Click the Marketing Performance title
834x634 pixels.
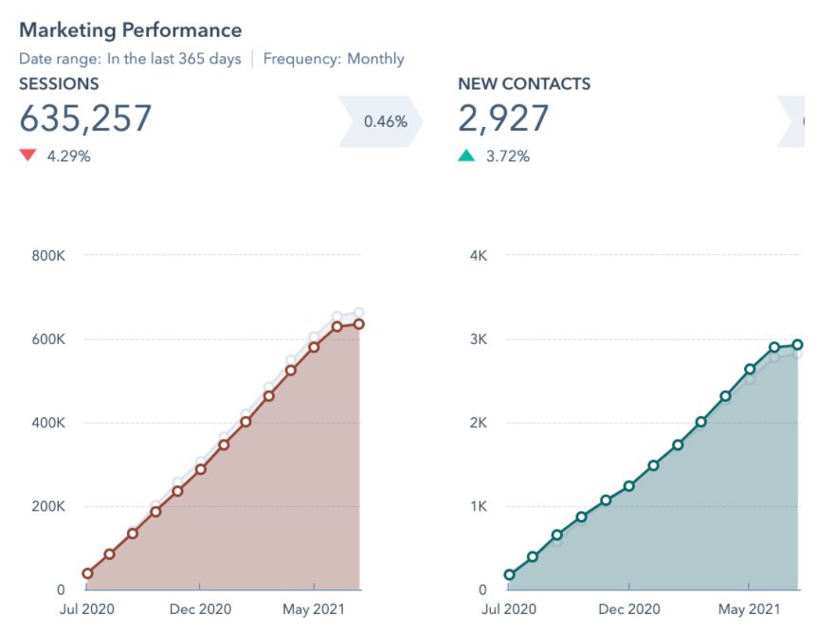click(x=130, y=30)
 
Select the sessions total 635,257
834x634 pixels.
click(x=85, y=118)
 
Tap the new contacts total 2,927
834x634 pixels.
click(x=503, y=118)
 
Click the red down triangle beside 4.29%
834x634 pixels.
click(x=27, y=155)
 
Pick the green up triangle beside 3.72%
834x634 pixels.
click(x=466, y=155)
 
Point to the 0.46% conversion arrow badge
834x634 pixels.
click(x=385, y=121)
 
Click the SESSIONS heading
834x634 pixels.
click(x=59, y=84)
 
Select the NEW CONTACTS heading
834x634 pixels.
click(x=524, y=84)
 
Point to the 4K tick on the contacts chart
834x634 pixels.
click(x=478, y=255)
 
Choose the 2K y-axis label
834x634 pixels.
click(x=478, y=423)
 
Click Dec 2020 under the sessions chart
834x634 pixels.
click(x=201, y=608)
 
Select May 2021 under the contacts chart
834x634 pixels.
click(x=749, y=608)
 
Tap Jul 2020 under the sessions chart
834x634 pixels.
click(x=86, y=608)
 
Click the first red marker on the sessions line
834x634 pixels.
click(x=87, y=573)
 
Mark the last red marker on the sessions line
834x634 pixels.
click(x=359, y=324)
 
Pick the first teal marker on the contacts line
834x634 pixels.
click(x=510, y=574)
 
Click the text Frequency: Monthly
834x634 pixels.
click(x=334, y=59)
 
